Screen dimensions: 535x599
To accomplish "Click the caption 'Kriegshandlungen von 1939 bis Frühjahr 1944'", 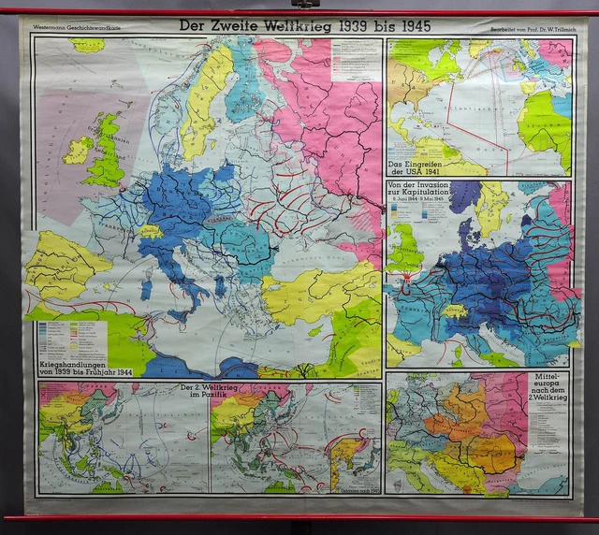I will [72, 364].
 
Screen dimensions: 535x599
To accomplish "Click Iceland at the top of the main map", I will [87, 45].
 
